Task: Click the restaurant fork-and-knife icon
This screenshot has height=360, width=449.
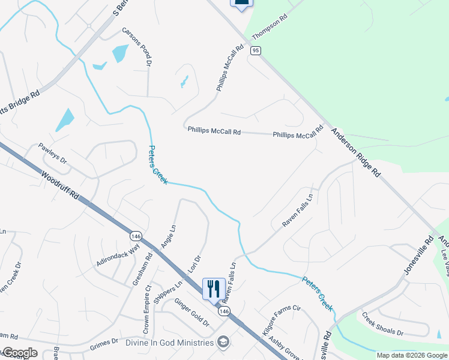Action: click(x=214, y=289)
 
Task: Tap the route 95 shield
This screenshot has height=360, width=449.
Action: click(x=256, y=51)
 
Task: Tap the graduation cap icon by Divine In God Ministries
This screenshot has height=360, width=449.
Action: click(x=223, y=342)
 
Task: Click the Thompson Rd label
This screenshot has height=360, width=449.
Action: click(x=270, y=28)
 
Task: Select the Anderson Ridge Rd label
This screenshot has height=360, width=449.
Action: click(x=356, y=154)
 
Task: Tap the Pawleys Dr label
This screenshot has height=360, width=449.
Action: click(x=53, y=154)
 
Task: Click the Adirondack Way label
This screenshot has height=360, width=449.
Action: click(x=118, y=254)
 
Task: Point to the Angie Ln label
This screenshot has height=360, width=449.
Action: click(x=169, y=236)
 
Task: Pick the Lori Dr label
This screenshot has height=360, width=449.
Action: click(x=194, y=265)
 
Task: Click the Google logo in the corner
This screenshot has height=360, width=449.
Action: click(x=19, y=353)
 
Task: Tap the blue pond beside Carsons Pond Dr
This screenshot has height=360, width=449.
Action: click(x=120, y=53)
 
